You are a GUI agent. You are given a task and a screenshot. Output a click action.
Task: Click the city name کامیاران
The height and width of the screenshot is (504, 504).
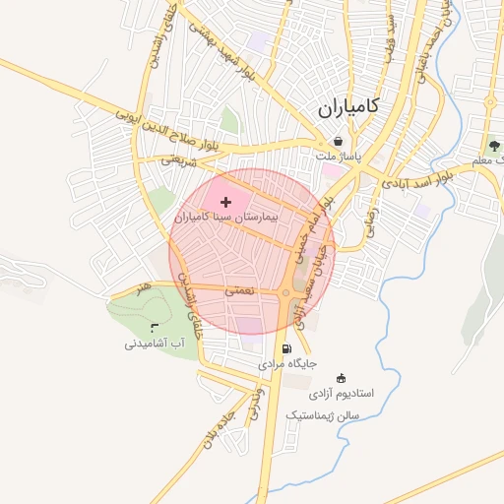click(349, 108)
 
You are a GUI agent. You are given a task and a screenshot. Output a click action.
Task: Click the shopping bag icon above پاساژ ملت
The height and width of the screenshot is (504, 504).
click(339, 142)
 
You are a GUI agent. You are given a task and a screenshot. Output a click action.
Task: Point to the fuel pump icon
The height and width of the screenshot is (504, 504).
click(286, 348)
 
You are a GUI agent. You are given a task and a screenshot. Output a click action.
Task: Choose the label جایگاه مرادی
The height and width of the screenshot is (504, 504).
click(287, 363)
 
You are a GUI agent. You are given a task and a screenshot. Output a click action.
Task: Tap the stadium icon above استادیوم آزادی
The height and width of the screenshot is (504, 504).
click(342, 378)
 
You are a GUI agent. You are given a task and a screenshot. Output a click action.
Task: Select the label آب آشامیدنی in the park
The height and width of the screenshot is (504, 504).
click(155, 344)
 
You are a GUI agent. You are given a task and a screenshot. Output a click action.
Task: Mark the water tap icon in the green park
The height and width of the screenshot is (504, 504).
click(154, 327)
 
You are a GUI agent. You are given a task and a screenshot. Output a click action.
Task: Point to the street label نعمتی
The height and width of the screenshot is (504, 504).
click(239, 290)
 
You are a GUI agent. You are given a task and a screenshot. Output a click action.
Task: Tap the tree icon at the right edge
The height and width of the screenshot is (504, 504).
click(492, 145)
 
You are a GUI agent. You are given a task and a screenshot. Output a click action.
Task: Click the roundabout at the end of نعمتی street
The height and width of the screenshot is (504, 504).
click(285, 292)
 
